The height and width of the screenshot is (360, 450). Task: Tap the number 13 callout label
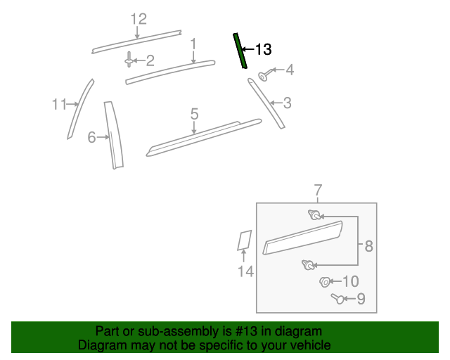(x=262, y=49)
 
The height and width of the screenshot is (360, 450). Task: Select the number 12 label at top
(x=139, y=19)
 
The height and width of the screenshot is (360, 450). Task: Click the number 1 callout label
(x=193, y=44)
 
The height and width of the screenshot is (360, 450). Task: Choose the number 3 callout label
(x=287, y=103)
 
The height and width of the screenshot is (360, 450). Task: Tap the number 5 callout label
(x=195, y=113)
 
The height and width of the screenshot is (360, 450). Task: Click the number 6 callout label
(x=91, y=138)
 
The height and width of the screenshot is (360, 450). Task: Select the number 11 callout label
(x=58, y=105)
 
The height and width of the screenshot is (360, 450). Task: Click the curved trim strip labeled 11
(x=80, y=109)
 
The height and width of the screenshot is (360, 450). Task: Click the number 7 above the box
(x=317, y=190)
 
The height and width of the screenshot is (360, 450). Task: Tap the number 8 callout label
(x=368, y=246)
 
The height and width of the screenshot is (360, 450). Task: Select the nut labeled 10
(x=324, y=283)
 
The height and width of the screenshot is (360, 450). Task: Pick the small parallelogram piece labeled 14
(x=244, y=240)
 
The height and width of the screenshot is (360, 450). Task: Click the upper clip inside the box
(x=314, y=215)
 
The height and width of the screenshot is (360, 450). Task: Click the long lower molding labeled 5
(x=204, y=137)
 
